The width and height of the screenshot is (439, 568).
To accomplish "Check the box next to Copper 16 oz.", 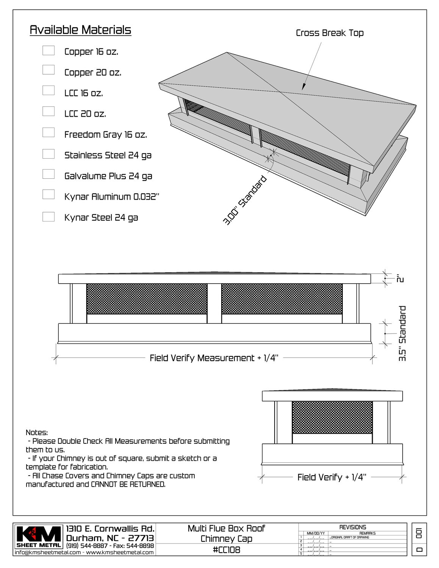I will (48, 50).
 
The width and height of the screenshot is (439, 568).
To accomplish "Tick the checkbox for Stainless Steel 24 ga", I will (48, 154).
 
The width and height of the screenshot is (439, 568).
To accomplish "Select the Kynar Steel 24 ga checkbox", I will (48, 217).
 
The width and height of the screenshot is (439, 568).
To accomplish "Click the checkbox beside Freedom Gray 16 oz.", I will (48, 133).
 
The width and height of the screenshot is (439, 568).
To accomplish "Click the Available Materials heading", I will (80, 30).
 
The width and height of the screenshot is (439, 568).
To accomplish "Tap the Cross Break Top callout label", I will (330, 33).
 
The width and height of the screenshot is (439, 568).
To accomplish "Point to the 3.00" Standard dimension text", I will (245, 201).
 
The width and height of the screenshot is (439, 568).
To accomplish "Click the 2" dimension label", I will (400, 279).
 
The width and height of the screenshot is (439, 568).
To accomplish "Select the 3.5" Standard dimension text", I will (402, 333).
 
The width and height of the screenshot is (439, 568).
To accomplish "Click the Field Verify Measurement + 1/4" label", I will (214, 358).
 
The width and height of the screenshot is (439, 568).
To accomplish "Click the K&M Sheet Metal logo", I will (39, 536).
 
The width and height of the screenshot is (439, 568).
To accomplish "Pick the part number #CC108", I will (226, 550).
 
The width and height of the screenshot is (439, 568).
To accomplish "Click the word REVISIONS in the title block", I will (353, 527).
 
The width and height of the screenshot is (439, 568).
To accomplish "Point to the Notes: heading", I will (37, 432).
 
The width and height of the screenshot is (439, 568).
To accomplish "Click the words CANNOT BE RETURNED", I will (128, 484).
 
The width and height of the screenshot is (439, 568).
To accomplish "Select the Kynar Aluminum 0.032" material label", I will (112, 197).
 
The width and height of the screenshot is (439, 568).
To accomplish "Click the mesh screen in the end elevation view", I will (332, 417).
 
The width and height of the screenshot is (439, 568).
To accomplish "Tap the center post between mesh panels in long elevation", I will (214, 303).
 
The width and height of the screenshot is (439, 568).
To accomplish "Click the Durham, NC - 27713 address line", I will (110, 538).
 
